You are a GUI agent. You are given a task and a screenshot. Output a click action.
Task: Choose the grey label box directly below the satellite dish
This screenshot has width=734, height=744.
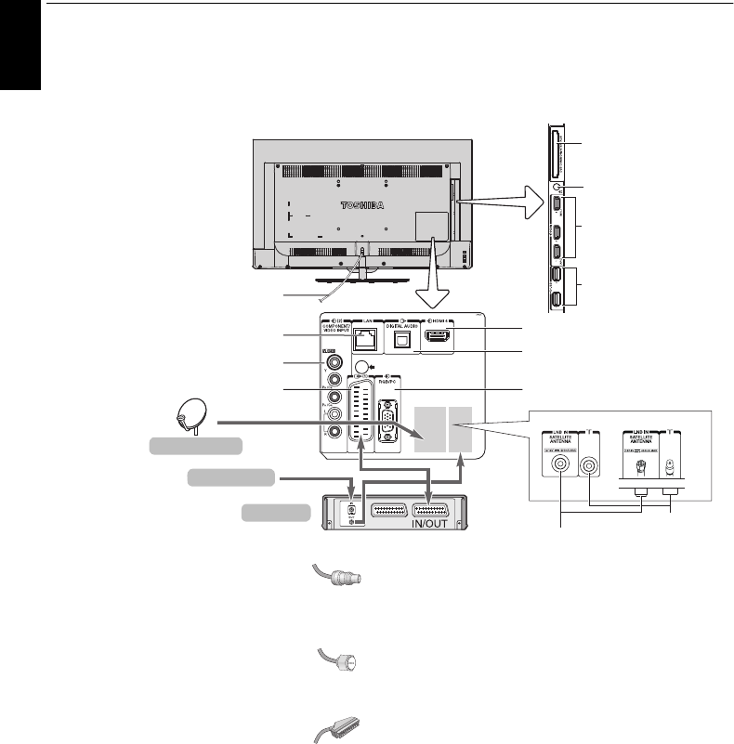click(197, 447)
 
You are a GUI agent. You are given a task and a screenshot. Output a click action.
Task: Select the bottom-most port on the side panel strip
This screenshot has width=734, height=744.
click(556, 299)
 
